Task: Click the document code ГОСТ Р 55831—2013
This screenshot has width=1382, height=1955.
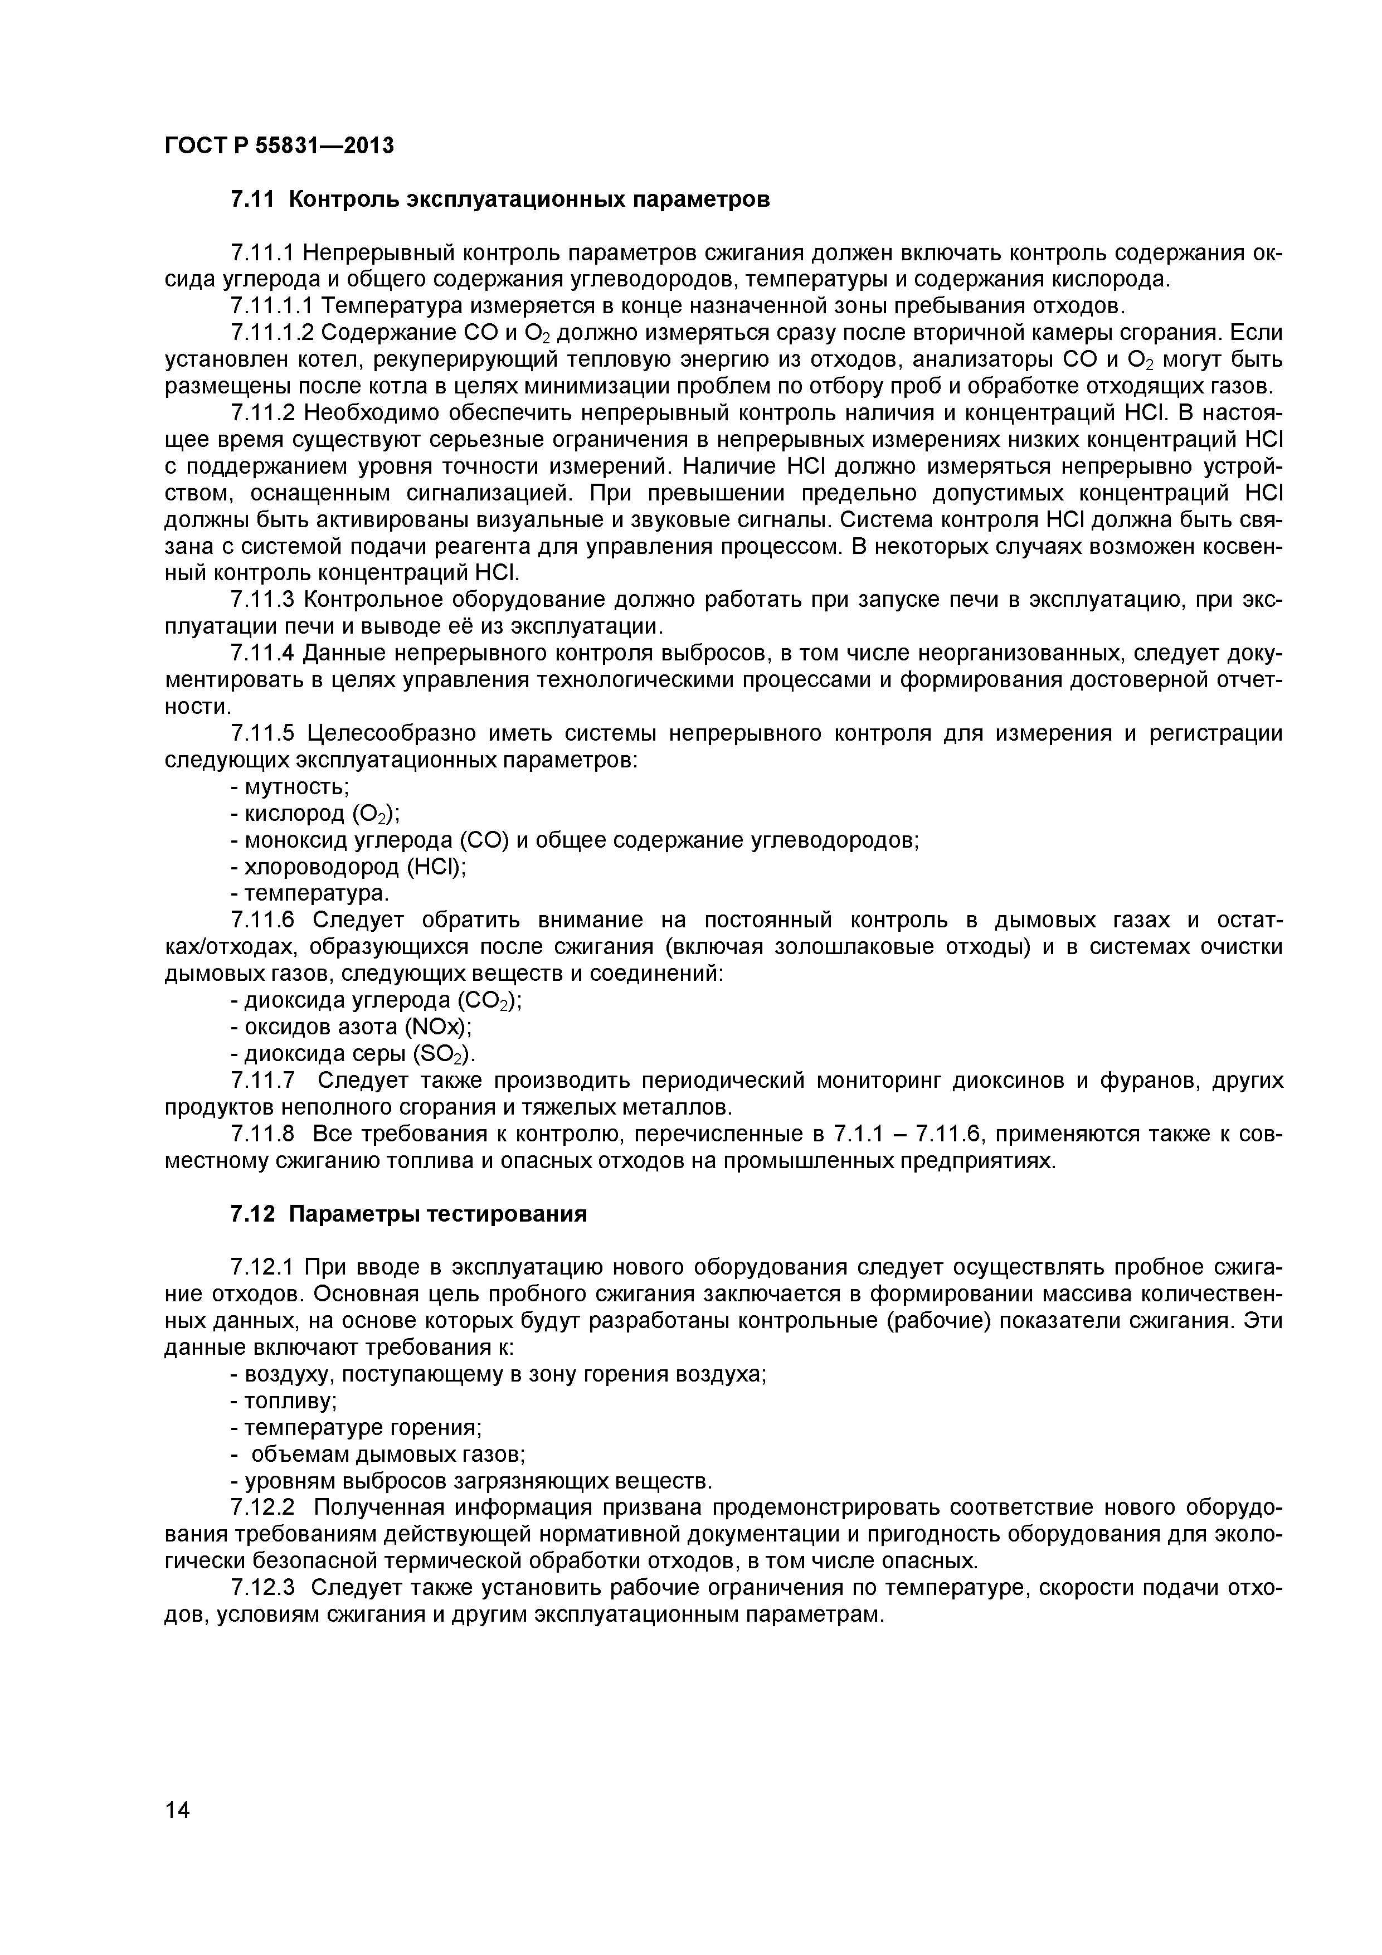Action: tap(279, 145)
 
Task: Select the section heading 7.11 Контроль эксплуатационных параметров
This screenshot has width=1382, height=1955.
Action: tap(500, 200)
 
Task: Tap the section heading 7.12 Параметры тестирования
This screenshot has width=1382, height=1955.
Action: tap(408, 1213)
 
